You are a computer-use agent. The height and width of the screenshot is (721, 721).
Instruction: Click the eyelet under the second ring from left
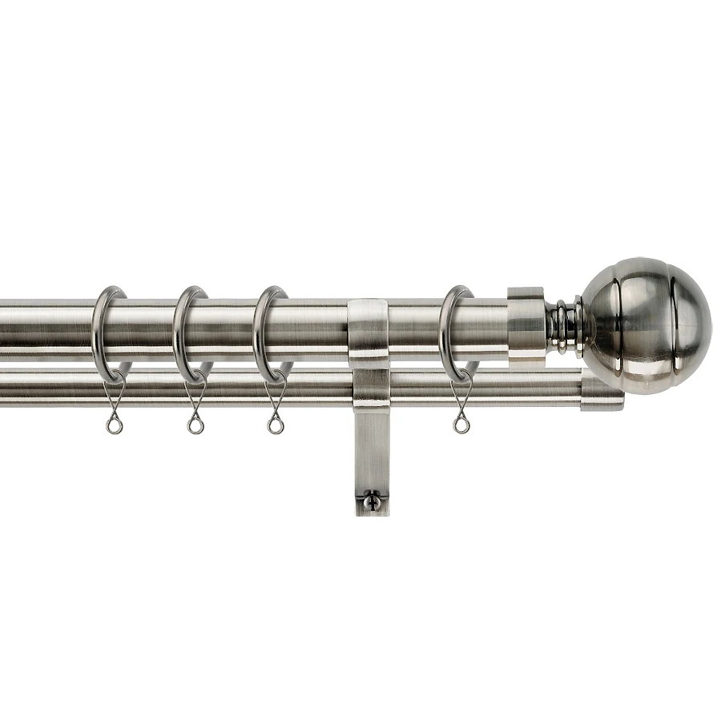tap(195, 424)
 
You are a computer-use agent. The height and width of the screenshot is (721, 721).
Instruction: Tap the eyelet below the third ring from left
tap(276, 424)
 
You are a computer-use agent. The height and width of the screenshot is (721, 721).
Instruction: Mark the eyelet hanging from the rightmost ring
tap(461, 424)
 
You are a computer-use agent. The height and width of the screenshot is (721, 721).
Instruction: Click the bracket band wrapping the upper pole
tap(369, 328)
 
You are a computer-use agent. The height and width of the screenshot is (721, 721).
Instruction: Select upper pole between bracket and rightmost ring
tap(413, 328)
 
